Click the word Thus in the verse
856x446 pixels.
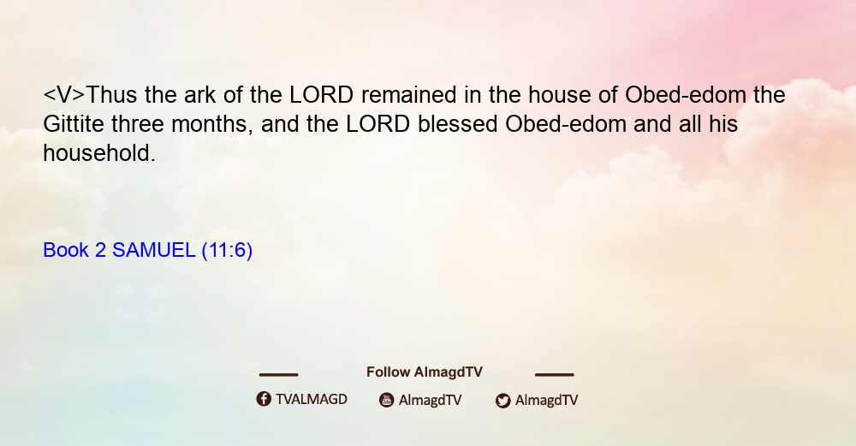(x=111, y=95)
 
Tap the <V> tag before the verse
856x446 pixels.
(x=64, y=95)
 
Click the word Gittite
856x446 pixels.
(x=74, y=124)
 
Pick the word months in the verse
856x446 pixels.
(x=211, y=124)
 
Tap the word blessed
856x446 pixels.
(x=457, y=124)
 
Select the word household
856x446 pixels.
(x=99, y=153)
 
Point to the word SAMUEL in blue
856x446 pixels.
(x=153, y=250)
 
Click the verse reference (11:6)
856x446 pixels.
(x=227, y=251)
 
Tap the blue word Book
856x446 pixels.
(x=66, y=250)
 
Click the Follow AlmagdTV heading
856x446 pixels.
(x=425, y=372)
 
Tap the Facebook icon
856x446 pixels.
(x=264, y=399)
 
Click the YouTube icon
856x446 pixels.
(x=387, y=400)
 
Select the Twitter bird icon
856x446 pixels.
(x=502, y=401)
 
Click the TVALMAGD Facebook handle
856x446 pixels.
(x=312, y=399)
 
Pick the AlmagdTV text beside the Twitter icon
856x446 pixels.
(x=546, y=401)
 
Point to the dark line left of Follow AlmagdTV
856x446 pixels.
(x=278, y=374)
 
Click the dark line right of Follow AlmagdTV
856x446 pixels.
(x=554, y=374)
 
